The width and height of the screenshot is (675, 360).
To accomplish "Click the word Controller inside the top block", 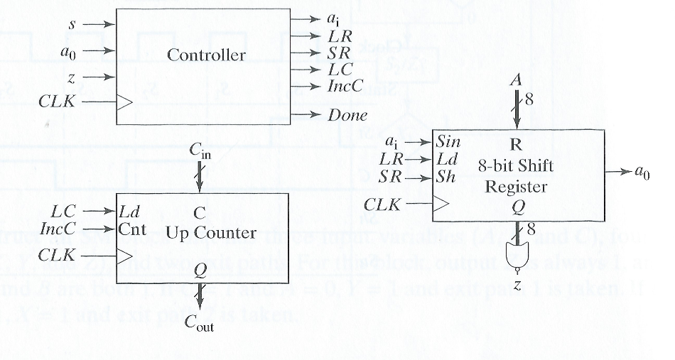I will click(206, 55).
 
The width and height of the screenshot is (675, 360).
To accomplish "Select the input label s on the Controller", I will click(71, 23).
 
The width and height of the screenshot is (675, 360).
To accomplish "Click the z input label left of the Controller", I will click(72, 77).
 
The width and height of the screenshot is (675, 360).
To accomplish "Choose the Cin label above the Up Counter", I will click(200, 151).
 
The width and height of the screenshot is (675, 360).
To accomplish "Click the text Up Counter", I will click(200, 231).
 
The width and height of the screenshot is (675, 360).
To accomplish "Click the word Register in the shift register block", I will click(522, 187).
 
